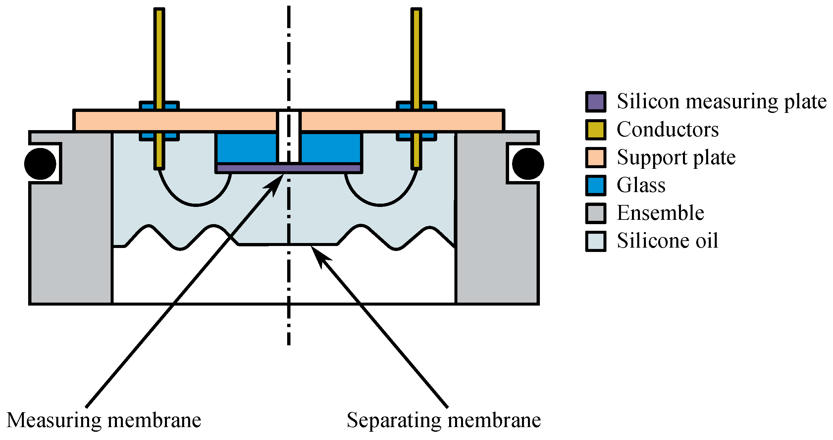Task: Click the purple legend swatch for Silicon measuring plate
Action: pyautogui.click(x=596, y=102)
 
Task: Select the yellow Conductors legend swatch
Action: pyautogui.click(x=596, y=130)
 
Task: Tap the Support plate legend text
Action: pyautogui.click(x=676, y=158)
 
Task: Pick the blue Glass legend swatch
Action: pyautogui.click(x=596, y=185)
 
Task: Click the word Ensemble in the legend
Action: pyautogui.click(x=660, y=213)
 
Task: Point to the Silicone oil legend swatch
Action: pyautogui.click(x=596, y=241)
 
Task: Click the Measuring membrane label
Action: pyautogui.click(x=104, y=420)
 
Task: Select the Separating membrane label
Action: pyautogui.click(x=443, y=420)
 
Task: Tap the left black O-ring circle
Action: pyautogui.click(x=40, y=164)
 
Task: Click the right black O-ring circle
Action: pyautogui.click(x=528, y=164)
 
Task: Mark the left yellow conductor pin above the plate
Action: pyautogui.click(x=159, y=56)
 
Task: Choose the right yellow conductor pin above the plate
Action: pyautogui.click(x=416, y=56)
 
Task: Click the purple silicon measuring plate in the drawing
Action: pyautogui.click(x=252, y=168)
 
